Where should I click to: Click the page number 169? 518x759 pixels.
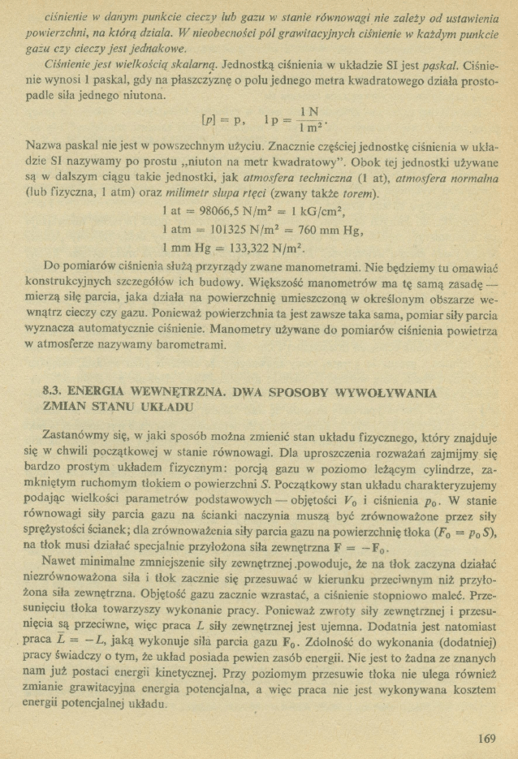[x=486, y=738]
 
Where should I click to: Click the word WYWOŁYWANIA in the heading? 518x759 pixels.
[x=386, y=391]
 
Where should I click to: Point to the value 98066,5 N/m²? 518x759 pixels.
[x=229, y=210]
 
